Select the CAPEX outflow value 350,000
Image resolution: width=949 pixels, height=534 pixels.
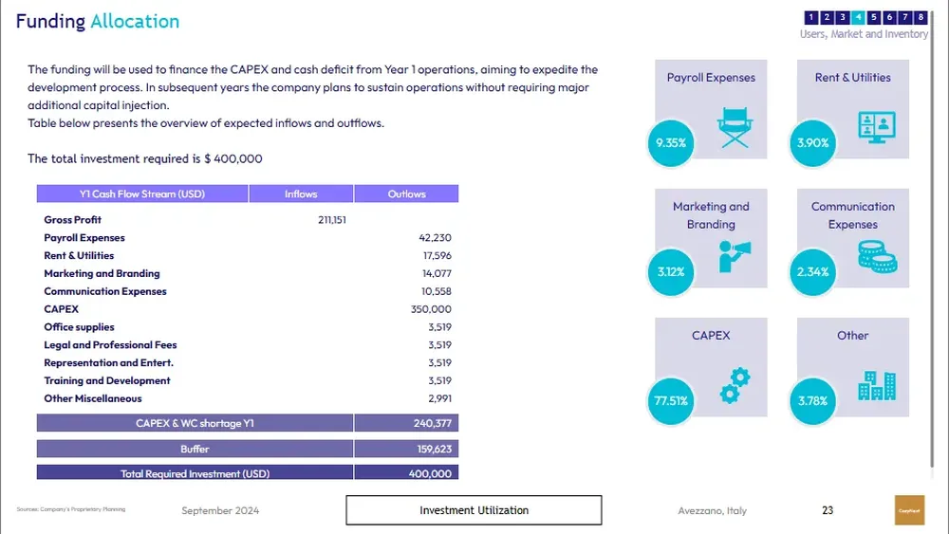point(433,309)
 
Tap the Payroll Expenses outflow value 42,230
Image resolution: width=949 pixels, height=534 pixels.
point(435,238)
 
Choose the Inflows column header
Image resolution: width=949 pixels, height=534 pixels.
point(301,194)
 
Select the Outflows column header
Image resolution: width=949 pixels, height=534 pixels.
point(406,194)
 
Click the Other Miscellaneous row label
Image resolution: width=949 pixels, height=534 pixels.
point(93,398)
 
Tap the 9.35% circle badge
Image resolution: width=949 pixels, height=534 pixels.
point(671,142)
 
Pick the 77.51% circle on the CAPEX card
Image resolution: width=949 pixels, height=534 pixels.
point(671,400)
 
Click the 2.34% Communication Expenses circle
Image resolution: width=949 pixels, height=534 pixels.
point(813,271)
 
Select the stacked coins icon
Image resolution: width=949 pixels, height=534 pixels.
point(877,256)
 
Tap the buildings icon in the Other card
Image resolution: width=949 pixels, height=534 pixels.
point(877,385)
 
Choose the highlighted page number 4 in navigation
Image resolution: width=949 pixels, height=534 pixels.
point(858,17)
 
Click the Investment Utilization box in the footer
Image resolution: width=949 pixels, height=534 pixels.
point(474,510)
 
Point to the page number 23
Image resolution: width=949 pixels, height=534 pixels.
point(828,510)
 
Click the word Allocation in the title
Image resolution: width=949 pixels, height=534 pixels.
point(135,22)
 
